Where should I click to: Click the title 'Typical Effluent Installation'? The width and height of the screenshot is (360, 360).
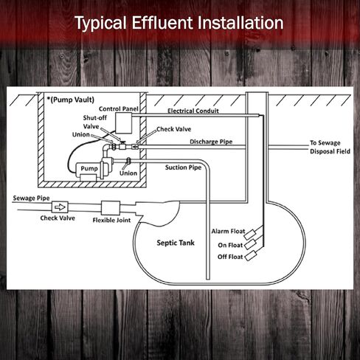179,23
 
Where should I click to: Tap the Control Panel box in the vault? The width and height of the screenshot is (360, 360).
124,123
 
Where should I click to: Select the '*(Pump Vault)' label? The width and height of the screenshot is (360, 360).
71,100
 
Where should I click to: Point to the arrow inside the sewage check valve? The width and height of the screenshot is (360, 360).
60,207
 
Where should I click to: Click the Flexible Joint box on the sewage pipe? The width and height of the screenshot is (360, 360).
111,208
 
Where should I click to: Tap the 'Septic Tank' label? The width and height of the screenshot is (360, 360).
176,243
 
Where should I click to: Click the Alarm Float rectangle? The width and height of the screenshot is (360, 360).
250,234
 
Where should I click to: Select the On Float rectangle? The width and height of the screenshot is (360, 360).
250,244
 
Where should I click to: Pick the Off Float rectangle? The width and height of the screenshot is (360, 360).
251,256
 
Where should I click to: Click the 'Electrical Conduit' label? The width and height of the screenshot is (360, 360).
193,111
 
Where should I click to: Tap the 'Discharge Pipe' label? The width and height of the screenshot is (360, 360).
211,142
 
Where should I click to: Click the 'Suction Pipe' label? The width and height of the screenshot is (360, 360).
183,167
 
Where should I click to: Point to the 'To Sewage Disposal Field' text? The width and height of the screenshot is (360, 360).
330,147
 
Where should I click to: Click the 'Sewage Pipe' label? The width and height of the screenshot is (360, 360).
31,198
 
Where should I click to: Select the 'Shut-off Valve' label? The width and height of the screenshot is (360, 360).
94,122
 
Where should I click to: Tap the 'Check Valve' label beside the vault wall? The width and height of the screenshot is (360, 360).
173,129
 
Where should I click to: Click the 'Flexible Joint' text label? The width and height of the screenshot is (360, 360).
111,220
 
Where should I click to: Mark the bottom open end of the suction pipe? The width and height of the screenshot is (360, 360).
208,279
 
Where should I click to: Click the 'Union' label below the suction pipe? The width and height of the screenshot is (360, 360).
128,173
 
